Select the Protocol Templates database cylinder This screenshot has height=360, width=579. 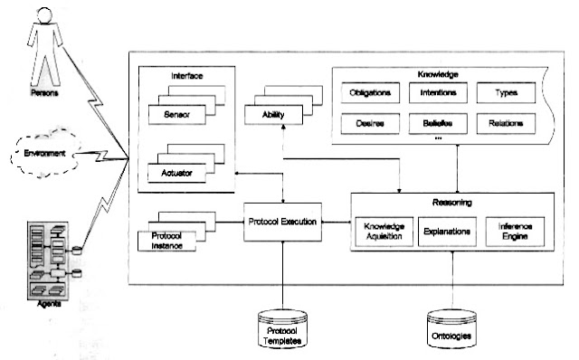pos(283,329)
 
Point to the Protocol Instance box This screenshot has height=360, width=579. pos(167,241)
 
